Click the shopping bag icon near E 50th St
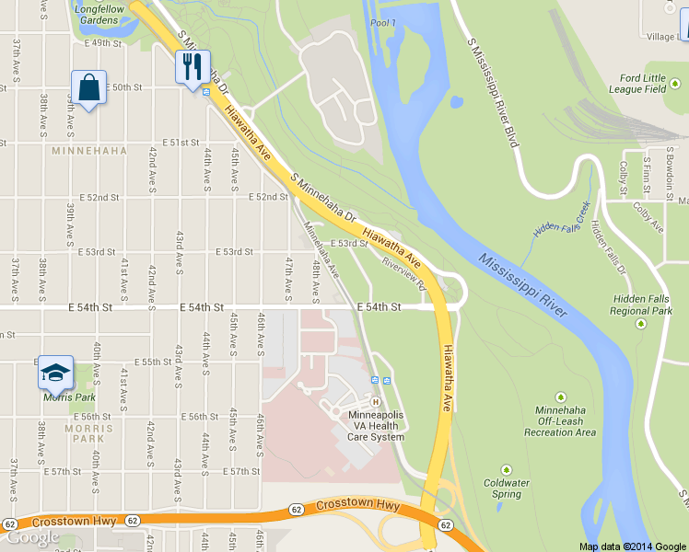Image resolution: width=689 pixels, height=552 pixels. coord(88,88)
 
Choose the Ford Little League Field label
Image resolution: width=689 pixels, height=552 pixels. coord(643,84)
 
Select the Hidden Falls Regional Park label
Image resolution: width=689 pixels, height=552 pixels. coord(643,305)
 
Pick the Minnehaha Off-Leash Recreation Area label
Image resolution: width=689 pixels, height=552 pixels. coord(560,426)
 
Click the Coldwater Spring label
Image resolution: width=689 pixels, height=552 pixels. coord(506,488)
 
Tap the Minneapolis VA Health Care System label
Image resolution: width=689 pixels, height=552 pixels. coord(375,426)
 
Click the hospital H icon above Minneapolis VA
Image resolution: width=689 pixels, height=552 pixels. coord(375,402)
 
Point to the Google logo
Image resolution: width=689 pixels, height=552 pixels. coord(32,538)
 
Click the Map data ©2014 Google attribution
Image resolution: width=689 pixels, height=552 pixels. coord(633,546)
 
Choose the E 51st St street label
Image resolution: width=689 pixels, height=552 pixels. coord(181,143)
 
